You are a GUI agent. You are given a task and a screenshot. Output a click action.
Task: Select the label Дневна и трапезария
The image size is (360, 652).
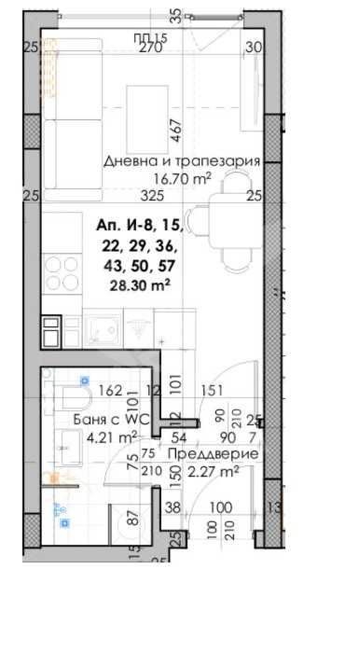(x=181, y=160)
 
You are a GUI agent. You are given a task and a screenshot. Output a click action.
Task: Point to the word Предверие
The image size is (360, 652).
(x=211, y=454)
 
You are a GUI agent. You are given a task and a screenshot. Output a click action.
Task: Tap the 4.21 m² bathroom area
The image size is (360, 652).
(x=112, y=435)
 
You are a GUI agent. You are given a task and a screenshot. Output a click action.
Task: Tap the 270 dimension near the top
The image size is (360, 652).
(x=151, y=49)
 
